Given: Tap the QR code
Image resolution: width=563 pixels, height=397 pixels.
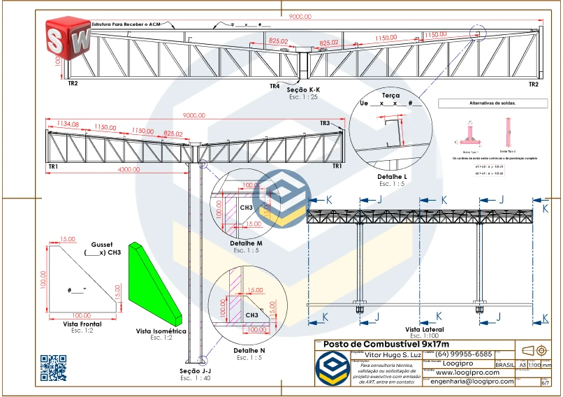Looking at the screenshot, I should (x=53, y=368).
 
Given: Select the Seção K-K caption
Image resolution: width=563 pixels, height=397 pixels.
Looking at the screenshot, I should (x=303, y=91).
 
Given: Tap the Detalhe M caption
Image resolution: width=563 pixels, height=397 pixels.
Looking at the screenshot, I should (x=246, y=243).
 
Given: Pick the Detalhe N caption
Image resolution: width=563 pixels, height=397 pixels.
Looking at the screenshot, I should (x=249, y=350).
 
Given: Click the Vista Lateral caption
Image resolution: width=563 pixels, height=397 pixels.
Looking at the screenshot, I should (x=424, y=329).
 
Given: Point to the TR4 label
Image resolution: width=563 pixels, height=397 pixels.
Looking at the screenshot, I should (x=275, y=86).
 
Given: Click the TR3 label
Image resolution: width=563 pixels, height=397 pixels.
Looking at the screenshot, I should (x=325, y=123).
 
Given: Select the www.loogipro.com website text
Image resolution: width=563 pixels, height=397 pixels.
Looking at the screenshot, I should (x=467, y=373).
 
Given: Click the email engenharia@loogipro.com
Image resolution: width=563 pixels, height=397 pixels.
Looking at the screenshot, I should (x=471, y=382).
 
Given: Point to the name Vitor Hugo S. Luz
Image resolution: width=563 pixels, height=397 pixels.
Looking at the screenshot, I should (x=388, y=355).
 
